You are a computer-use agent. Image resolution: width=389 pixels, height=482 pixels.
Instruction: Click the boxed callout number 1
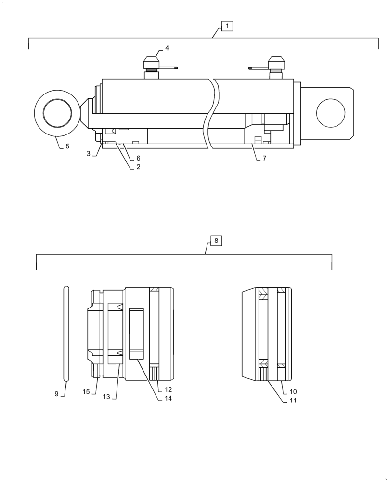(x=227, y=26)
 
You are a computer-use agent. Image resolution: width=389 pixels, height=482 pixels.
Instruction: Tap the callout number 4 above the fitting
(x=167, y=48)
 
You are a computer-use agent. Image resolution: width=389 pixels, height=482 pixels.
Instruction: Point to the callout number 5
(x=67, y=146)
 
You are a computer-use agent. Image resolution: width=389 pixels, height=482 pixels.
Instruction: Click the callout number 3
(x=89, y=153)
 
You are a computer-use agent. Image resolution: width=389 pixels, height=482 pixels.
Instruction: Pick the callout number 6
(x=138, y=158)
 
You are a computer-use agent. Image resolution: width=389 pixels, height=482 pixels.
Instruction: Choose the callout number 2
(x=138, y=167)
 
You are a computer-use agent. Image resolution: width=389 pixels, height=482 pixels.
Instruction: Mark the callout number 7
(x=264, y=158)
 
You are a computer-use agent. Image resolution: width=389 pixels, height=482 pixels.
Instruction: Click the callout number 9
(x=56, y=394)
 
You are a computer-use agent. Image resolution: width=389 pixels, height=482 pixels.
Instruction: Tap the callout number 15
(x=86, y=392)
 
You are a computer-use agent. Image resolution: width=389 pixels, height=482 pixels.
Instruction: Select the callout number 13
(x=106, y=396)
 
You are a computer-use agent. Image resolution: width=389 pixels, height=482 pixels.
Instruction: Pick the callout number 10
(x=293, y=391)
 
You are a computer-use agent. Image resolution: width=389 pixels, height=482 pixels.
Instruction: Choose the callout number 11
(x=293, y=400)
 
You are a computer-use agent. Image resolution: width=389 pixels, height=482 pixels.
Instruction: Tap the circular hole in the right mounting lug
(x=331, y=113)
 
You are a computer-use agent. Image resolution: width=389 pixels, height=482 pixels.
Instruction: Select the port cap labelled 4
(x=151, y=63)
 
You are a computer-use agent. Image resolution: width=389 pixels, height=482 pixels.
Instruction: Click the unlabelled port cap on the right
(x=276, y=63)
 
